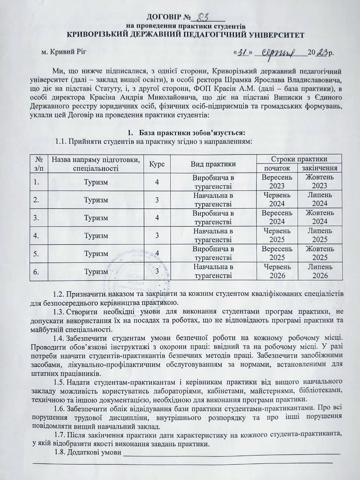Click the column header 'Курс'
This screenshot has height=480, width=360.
(157, 163)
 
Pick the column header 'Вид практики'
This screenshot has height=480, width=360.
(213, 163)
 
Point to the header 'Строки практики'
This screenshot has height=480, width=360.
(299, 159)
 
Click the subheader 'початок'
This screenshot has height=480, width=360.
(277, 168)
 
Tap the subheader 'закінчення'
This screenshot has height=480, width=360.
(319, 168)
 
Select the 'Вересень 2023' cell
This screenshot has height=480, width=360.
(277, 181)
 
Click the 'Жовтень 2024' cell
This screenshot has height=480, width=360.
(319, 217)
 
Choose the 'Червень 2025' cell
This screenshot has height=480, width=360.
(277, 235)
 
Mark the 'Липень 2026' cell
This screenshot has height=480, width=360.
(319, 271)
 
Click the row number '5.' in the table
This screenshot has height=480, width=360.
(37, 253)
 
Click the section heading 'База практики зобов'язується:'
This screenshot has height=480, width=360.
(192, 133)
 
